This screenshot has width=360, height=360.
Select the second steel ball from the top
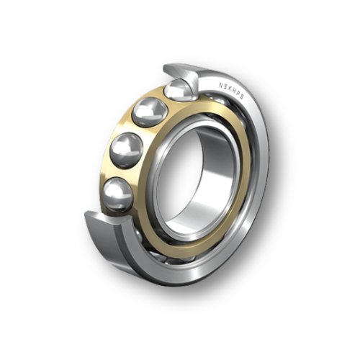(150, 111)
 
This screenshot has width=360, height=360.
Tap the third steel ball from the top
(126, 149)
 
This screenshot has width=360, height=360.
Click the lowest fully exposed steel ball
(117, 194)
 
